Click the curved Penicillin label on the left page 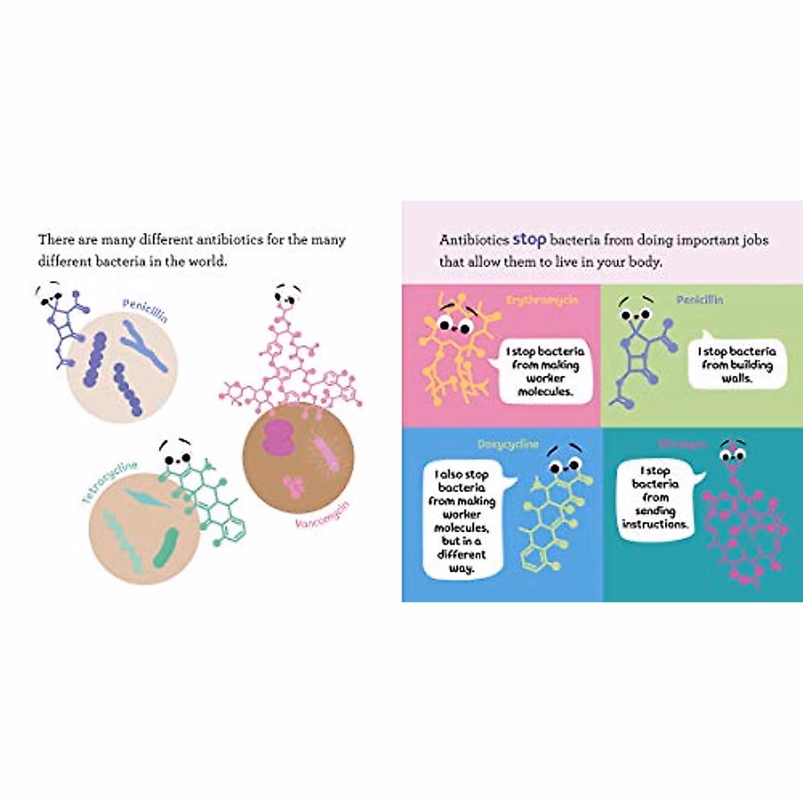[x=145, y=310]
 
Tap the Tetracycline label [x=110, y=482]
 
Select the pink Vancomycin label [x=323, y=515]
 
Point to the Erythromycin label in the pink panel [x=542, y=300]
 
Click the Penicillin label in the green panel [x=699, y=300]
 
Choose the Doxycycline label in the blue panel [x=508, y=444]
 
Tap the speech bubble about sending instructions [x=654, y=498]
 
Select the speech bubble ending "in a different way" [x=462, y=521]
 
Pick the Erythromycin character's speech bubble [x=545, y=371]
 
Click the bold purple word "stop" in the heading [x=529, y=240]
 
